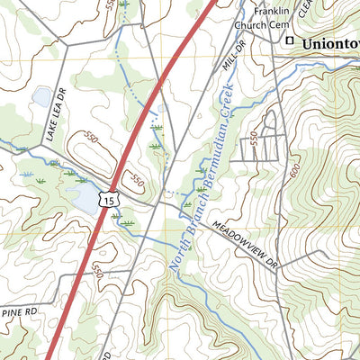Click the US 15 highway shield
[x=109, y=196]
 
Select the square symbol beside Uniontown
[x=290, y=42]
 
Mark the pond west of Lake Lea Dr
[x=42, y=96]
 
